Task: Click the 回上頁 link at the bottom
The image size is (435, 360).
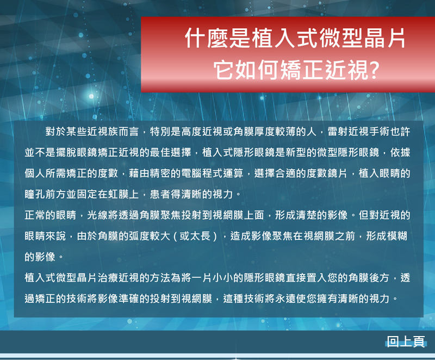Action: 406,342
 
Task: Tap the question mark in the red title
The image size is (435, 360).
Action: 374,70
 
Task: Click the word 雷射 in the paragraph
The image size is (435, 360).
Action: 338,132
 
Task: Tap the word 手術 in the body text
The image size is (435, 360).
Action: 379,132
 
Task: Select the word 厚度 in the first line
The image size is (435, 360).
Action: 265,132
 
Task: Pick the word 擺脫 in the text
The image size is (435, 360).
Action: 66,152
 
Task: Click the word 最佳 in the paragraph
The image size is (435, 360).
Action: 160,152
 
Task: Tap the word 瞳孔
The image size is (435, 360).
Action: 35,194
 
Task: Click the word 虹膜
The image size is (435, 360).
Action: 119,194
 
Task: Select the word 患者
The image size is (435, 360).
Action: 160,194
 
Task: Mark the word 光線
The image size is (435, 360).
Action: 98,215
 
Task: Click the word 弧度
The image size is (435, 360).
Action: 139,236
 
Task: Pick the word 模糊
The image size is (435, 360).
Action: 397,236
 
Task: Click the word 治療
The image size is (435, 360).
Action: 108,278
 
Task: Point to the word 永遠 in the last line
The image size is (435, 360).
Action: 285,299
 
